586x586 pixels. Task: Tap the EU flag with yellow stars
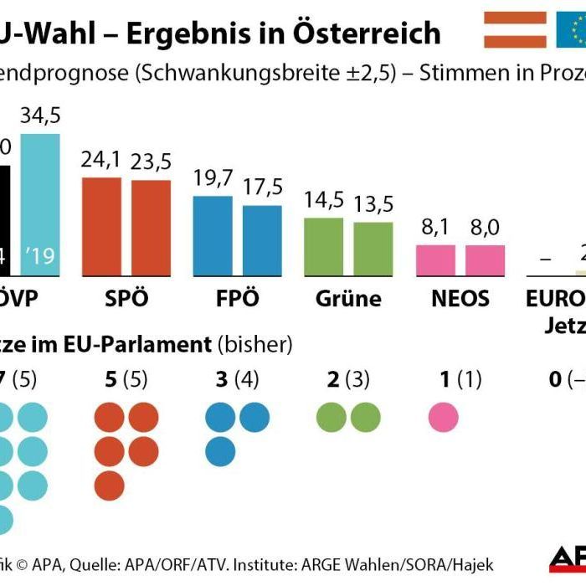tap(571, 30)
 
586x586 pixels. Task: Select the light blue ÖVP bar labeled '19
tap(40, 204)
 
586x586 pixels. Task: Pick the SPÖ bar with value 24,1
tap(101, 227)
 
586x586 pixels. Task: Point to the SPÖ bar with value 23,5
tap(151, 228)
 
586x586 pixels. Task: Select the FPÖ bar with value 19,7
tap(213, 236)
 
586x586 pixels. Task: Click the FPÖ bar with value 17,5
tap(262, 240)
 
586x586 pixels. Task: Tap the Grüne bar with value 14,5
tap(323, 247)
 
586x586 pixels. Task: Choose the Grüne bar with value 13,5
tap(373, 249)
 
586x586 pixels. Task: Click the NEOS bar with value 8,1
tap(435, 260)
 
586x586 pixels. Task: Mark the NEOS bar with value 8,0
tap(486, 260)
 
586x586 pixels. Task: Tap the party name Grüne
tap(348, 299)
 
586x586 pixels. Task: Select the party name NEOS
tap(460, 299)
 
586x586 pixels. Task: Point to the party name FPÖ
tap(237, 299)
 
